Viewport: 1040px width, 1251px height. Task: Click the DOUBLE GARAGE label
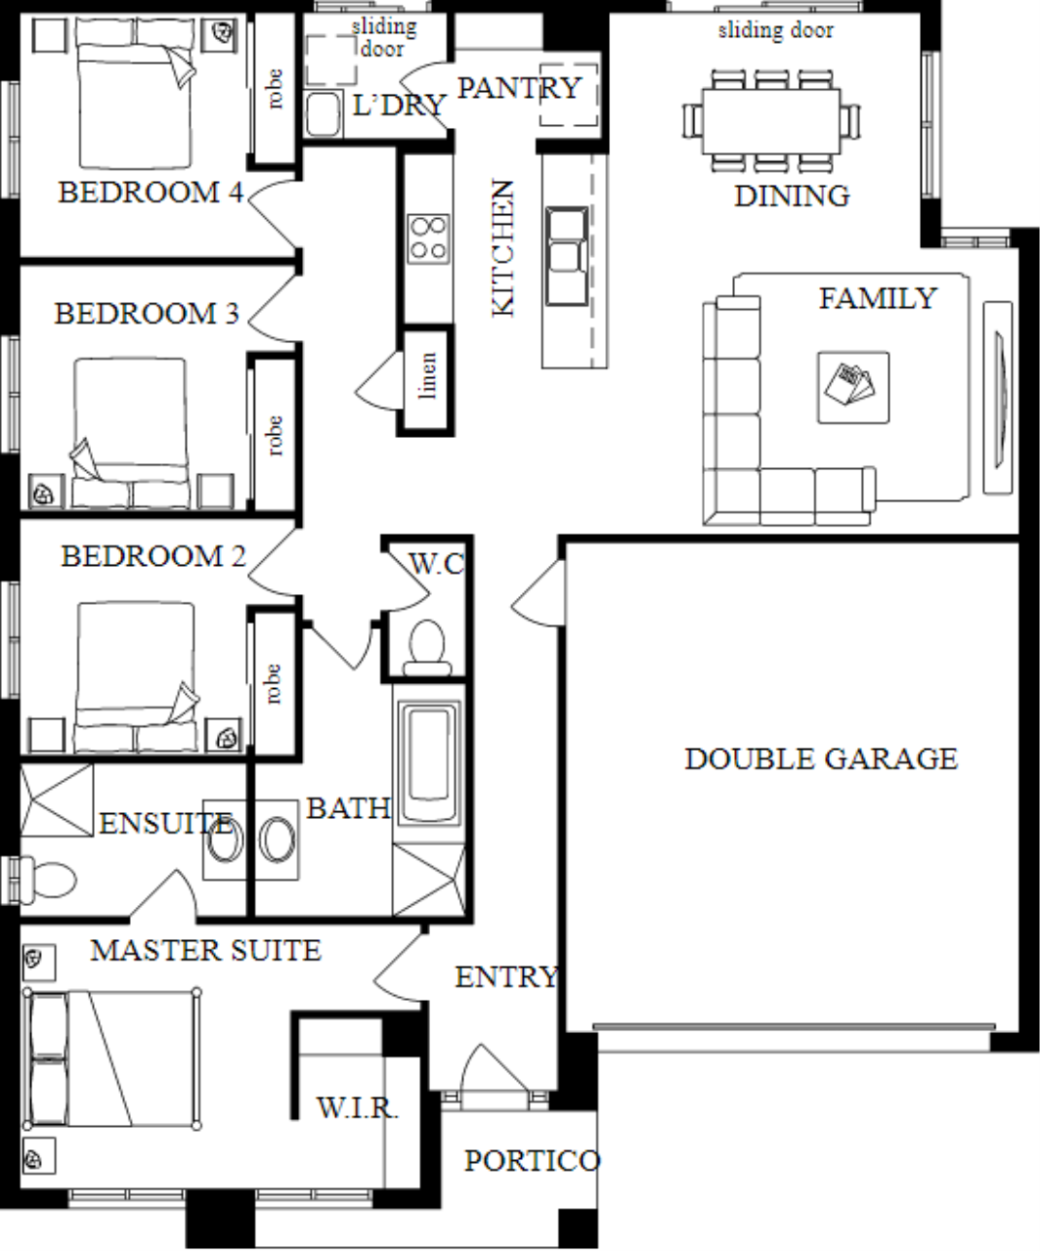pyautogui.click(x=821, y=759)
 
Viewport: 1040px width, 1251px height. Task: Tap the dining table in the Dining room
pyautogui.click(x=771, y=121)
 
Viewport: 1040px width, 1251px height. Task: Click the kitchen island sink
pyautogui.click(x=567, y=256)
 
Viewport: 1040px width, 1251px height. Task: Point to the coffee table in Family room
pyautogui.click(x=853, y=388)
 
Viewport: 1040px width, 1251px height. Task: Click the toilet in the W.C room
pyautogui.click(x=427, y=648)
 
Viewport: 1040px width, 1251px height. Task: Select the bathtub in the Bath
pyautogui.click(x=429, y=762)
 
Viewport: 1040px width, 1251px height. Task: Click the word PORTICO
pyautogui.click(x=533, y=1161)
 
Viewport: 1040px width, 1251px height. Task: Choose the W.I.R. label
pyautogui.click(x=358, y=1107)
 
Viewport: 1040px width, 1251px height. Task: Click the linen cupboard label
pyautogui.click(x=428, y=375)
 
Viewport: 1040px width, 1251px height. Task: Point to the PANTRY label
pyautogui.click(x=519, y=88)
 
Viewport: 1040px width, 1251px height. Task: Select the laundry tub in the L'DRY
pyautogui.click(x=324, y=113)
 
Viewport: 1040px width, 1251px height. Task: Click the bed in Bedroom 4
pyautogui.click(x=136, y=93)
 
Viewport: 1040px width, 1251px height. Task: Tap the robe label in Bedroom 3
pyautogui.click(x=273, y=436)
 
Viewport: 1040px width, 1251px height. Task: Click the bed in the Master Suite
pyautogui.click(x=111, y=1058)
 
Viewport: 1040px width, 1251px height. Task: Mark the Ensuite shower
pyautogui.click(x=57, y=799)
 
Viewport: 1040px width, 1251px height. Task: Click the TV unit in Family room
pyautogui.click(x=998, y=398)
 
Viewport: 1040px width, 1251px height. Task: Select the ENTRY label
pyautogui.click(x=507, y=977)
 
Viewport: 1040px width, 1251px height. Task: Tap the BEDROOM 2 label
pyautogui.click(x=153, y=556)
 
